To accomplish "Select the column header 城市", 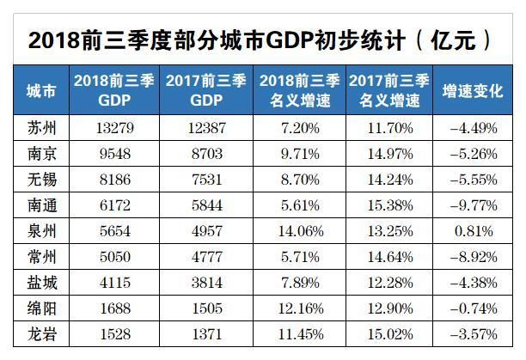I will coord(41,90).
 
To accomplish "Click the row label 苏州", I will coord(41,129).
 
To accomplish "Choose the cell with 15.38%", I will coord(388,205).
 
